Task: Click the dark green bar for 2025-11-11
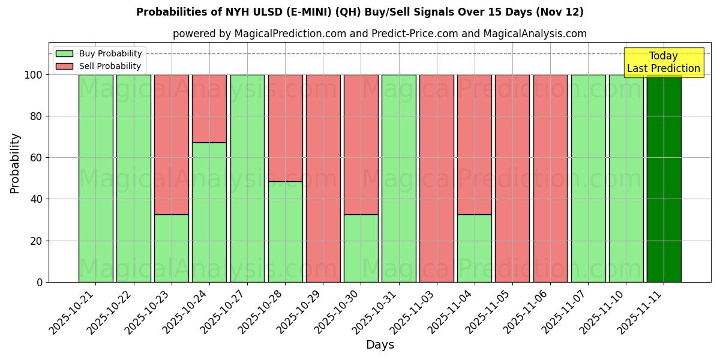point(664,178)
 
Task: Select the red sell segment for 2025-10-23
point(172,144)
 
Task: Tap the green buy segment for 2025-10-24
point(209,212)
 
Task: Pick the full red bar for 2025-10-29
point(323,178)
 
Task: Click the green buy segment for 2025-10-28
point(285,232)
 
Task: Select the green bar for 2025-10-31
point(398,178)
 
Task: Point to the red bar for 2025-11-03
point(436,178)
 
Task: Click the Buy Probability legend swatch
point(64,54)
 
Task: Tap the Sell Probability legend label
point(110,66)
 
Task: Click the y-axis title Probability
point(15,163)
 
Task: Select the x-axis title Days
point(380,345)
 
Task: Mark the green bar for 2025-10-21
point(95,178)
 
